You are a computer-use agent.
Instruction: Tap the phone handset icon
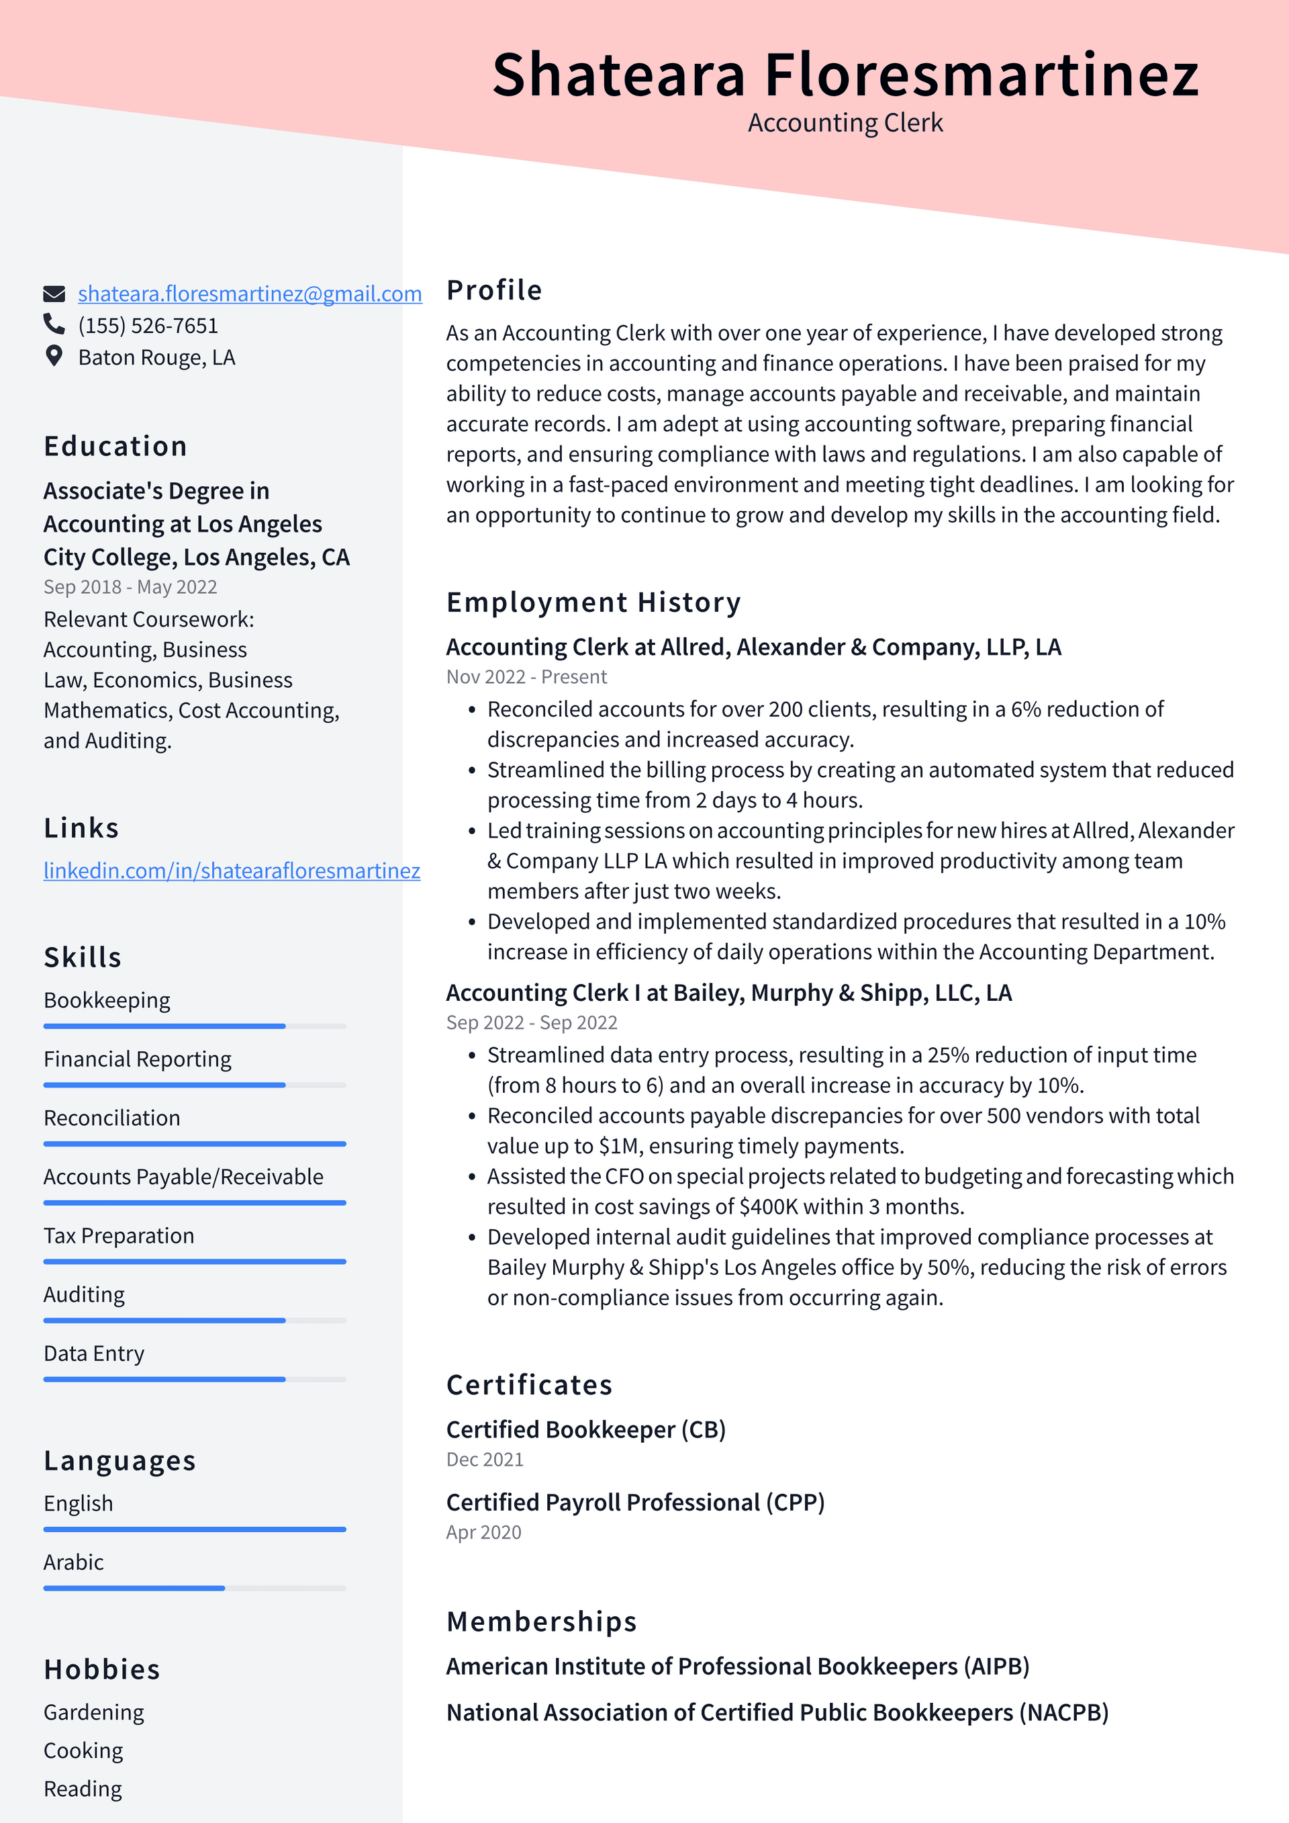54,324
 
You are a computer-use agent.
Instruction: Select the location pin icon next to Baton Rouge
54,357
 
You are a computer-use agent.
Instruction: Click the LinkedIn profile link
232,871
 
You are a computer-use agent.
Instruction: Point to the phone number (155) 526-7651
148,326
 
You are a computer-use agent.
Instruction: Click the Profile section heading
493,291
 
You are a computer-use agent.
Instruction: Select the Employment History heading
593,603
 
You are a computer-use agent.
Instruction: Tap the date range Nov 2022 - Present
526,677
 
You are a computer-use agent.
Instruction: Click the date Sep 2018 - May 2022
130,588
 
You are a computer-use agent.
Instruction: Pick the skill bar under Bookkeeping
195,1026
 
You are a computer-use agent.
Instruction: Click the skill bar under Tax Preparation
195,1261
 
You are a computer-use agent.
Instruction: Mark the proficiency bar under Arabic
195,1588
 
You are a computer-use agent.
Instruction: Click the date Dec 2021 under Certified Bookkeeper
485,1460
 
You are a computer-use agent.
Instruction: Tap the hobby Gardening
94,1713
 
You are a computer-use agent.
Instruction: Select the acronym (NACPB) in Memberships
1063,1713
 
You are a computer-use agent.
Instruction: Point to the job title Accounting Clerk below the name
845,123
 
